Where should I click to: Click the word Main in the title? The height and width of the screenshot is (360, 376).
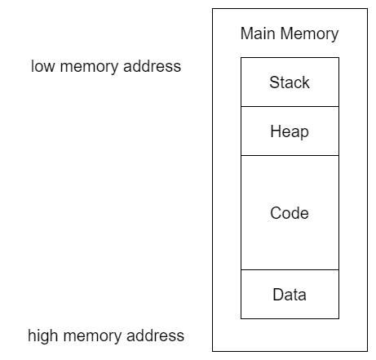(258, 33)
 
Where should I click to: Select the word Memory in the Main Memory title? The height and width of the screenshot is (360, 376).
(309, 34)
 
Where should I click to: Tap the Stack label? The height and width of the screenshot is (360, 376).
(290, 82)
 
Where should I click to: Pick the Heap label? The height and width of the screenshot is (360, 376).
(290, 132)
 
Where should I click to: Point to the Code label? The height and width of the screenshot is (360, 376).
(290, 213)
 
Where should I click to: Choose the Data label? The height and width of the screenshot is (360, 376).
(290, 295)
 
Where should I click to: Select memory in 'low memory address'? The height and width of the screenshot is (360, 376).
(90, 68)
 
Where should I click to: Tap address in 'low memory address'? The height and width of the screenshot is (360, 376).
(152, 66)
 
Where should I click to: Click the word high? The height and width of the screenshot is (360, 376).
(42, 336)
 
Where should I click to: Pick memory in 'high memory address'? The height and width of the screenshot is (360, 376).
(93, 337)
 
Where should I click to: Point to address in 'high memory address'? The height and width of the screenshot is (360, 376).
(155, 336)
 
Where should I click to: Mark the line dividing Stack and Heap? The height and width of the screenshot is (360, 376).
(290, 106)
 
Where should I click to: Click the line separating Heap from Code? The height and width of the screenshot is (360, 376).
(290, 155)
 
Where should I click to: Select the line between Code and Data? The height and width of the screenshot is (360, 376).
(290, 269)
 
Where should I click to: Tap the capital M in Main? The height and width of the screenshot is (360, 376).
(247, 33)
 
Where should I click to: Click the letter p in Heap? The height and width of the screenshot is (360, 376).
(305, 134)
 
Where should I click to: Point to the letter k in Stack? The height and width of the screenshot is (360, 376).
(306, 82)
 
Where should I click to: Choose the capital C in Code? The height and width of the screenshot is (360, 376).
(276, 213)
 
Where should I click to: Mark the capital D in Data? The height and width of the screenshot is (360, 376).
(278, 295)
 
